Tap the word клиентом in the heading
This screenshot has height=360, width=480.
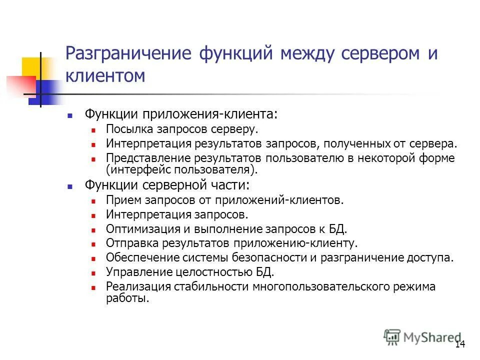[x=105, y=76]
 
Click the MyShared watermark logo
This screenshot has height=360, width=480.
[x=422, y=337]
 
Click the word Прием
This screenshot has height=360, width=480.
[x=119, y=200]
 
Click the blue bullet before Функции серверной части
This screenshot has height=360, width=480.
[x=70, y=185]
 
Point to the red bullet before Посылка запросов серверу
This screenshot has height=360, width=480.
[x=93, y=129]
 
